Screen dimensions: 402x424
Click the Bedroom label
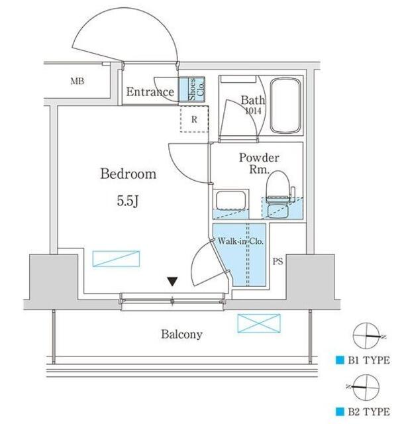(x=128, y=174)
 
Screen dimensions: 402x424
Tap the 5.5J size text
(x=128, y=201)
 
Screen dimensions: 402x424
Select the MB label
(x=77, y=81)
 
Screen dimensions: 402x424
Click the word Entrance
(x=150, y=92)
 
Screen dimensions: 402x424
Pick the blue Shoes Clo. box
(x=193, y=89)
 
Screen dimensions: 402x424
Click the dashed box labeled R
(x=194, y=119)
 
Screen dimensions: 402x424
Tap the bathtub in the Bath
(x=285, y=105)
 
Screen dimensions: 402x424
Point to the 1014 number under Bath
(x=253, y=111)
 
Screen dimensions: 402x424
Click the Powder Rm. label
(x=259, y=164)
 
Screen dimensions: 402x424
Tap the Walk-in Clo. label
(x=240, y=241)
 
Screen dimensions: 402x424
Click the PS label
(x=277, y=262)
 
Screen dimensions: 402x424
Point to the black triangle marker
(x=172, y=281)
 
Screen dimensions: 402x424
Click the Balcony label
(x=181, y=335)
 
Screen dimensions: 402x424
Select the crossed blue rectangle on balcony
(x=259, y=323)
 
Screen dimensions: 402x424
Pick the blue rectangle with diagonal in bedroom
(x=116, y=259)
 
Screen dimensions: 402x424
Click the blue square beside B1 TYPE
(x=340, y=360)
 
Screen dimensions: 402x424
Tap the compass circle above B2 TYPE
(x=366, y=388)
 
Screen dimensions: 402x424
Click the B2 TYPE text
(x=369, y=412)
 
